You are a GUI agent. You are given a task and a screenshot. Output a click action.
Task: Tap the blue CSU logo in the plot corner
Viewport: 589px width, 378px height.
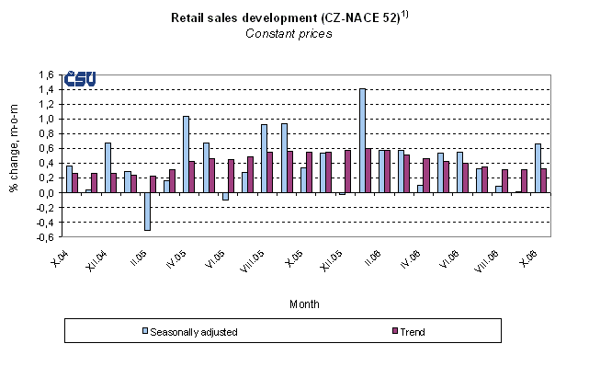tap(81, 81)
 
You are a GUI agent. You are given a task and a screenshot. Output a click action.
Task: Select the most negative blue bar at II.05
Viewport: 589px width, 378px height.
tap(146, 212)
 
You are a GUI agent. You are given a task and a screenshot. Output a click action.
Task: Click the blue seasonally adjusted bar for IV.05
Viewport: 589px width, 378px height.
tap(186, 155)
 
